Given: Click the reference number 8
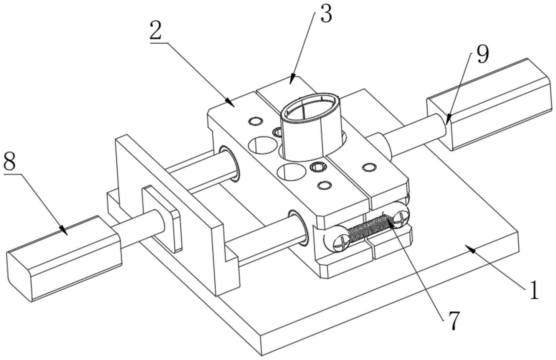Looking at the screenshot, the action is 10,162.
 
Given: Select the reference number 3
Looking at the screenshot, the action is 326,14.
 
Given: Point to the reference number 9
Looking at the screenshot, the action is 483,54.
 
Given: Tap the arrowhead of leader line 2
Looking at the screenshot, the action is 230,103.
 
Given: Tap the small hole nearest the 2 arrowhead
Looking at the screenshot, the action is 256,121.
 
